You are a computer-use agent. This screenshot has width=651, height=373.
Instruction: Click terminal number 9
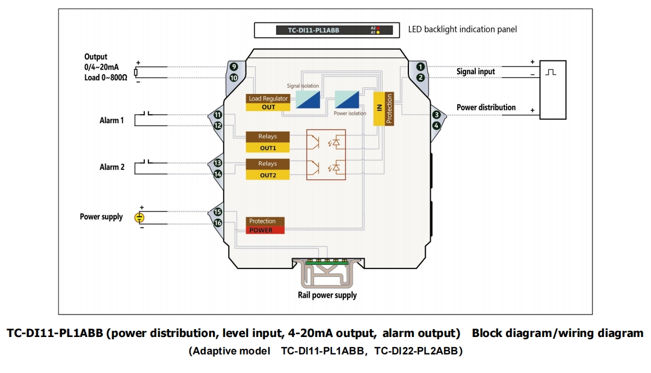(234, 67)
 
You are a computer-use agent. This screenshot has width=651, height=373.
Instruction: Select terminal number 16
(218, 223)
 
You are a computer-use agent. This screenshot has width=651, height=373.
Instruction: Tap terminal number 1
(420, 67)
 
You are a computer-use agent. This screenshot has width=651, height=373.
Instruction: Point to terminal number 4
(436, 125)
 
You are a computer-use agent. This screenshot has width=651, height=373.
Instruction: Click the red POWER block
(266, 230)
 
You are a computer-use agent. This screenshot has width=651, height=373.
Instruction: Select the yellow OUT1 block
(268, 148)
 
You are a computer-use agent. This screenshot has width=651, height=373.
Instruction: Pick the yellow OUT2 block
(268, 175)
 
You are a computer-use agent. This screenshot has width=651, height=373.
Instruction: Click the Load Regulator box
(268, 98)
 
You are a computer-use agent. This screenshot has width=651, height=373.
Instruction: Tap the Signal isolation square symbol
(308, 99)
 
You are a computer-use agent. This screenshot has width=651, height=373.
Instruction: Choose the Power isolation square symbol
(346, 100)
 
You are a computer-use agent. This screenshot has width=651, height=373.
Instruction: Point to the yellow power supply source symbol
(140, 218)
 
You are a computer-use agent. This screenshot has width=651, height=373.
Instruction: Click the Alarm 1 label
(111, 120)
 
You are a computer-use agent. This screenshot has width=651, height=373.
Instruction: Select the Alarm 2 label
(112, 167)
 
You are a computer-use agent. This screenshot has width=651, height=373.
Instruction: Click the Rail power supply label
(327, 295)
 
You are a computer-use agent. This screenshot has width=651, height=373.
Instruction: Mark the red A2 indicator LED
(378, 28)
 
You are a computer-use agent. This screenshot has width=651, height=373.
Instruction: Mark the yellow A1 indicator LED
(378, 33)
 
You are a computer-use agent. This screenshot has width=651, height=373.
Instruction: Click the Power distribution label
(486, 107)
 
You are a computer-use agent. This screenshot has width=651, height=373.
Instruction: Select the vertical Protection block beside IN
(389, 109)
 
